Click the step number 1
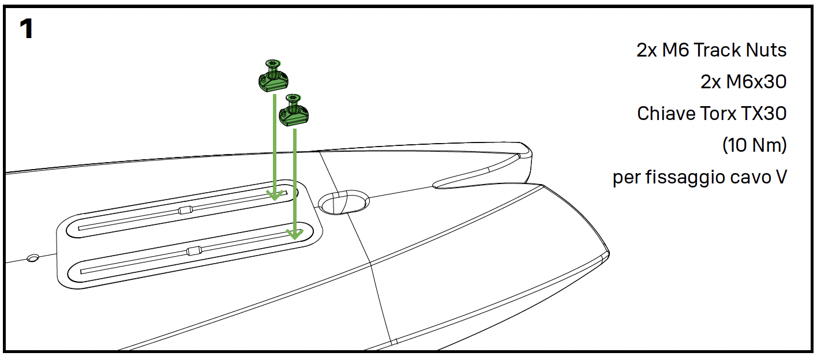pos(27,28)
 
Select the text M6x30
pos(756,82)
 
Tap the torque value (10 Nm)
pos(754,145)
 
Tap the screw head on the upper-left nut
pos(273,63)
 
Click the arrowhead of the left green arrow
pos(275,195)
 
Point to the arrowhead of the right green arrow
pos(295,234)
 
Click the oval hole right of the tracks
pos(343,202)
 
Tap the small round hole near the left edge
pos(33,258)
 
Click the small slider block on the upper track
pos(185,210)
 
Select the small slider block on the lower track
pos(194,251)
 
